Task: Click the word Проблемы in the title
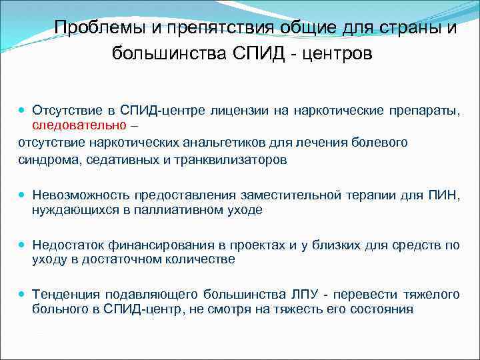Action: (94, 27)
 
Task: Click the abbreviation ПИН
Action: (447, 195)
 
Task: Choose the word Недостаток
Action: (67, 245)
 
